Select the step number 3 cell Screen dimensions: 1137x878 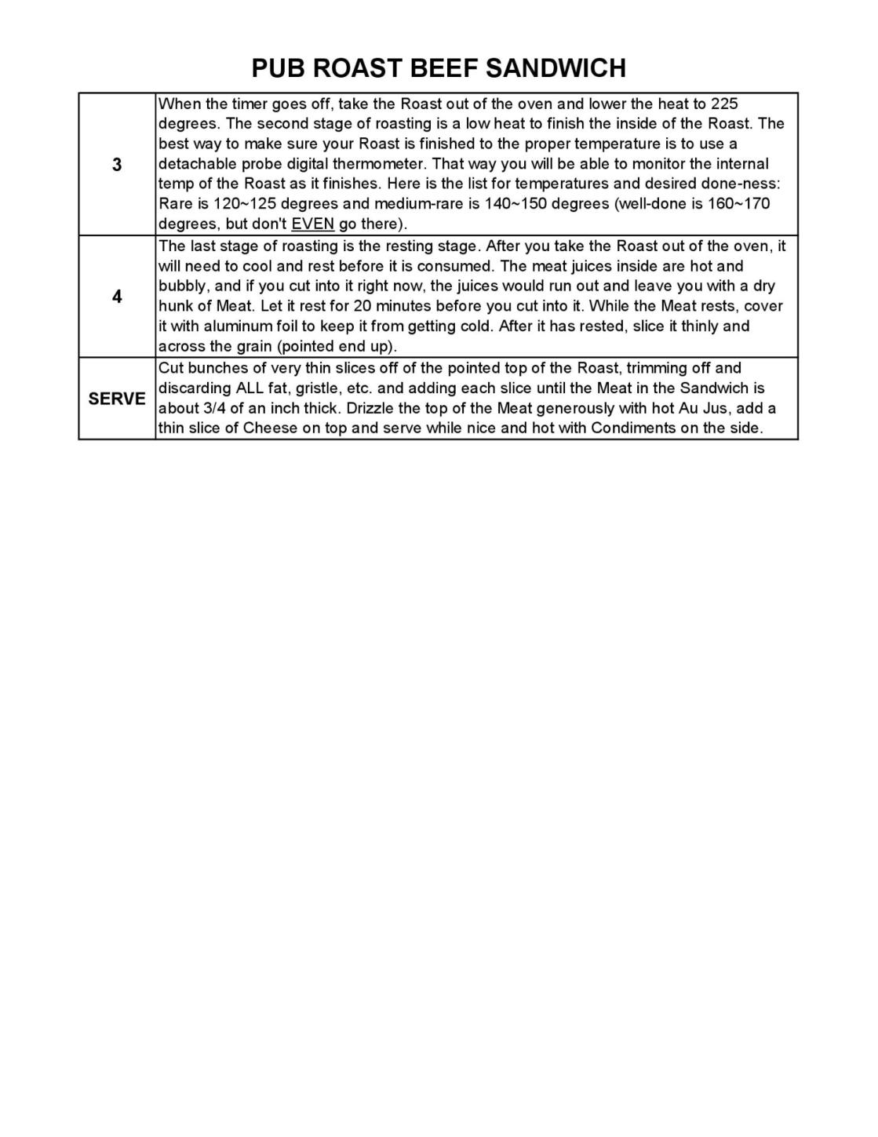(117, 165)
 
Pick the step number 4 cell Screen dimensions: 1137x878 (117, 297)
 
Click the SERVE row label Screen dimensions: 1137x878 (117, 399)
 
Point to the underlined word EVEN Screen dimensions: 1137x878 (312, 224)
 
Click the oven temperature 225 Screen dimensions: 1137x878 (724, 104)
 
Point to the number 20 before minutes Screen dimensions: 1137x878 (362, 306)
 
